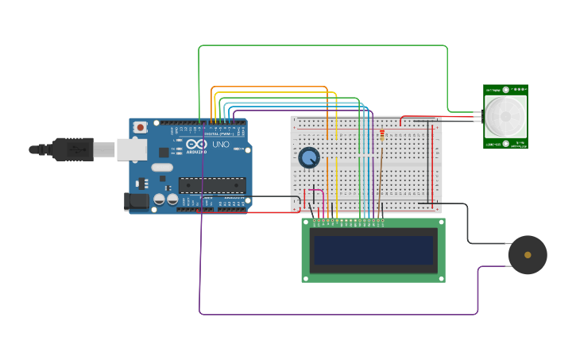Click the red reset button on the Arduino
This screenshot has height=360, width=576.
pos(140,127)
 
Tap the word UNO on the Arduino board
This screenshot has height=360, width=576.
pos(221,145)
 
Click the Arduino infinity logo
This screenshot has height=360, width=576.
pos(197,144)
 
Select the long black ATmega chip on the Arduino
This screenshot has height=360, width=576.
pos(211,185)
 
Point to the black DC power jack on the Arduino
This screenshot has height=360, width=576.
pos(137,202)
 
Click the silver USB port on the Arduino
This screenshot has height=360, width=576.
pos(131,149)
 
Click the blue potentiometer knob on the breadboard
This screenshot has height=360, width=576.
pos(309,157)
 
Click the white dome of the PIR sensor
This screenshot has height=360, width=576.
pos(505,117)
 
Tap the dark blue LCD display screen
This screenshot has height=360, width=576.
pos(373,250)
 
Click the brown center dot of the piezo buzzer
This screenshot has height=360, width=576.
pos(528,255)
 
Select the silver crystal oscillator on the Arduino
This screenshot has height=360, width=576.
pos(161,168)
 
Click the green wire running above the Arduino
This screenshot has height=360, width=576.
pos(318,46)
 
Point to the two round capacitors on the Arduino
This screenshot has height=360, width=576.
pos(165,199)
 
